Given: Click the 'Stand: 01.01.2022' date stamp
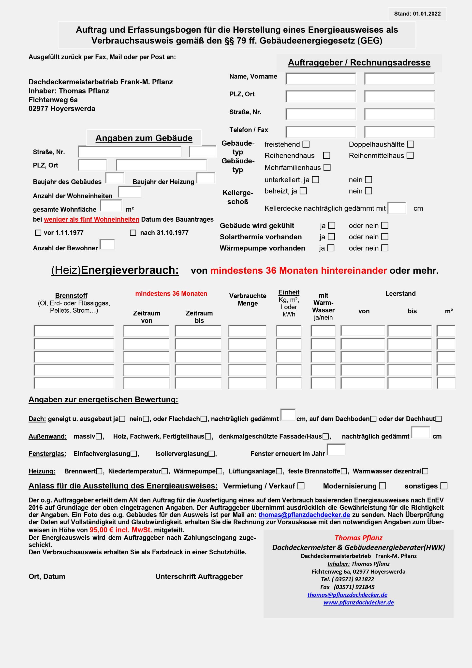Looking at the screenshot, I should click(417, 14).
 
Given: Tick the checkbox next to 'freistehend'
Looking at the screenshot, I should click(306, 144).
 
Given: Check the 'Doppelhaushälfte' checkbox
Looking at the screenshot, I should click(410, 144).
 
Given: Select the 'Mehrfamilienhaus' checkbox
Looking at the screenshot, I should click(327, 167).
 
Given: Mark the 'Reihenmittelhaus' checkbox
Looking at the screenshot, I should click(410, 156).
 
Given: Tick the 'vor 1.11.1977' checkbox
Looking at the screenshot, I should click(38, 233).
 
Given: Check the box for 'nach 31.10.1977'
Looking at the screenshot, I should click(133, 233).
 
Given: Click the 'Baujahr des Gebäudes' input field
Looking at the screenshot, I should click(115, 178).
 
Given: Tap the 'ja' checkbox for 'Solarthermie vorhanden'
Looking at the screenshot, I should click(331, 237).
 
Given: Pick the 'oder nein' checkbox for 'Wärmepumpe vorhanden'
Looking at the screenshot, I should click(385, 248).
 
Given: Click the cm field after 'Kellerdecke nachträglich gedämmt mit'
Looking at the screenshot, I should click(397, 208).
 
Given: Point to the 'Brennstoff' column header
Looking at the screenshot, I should click(71, 296).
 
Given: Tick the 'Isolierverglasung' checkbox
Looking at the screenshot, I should click(212, 454).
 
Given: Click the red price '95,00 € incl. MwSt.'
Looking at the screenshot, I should click(121, 530).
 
